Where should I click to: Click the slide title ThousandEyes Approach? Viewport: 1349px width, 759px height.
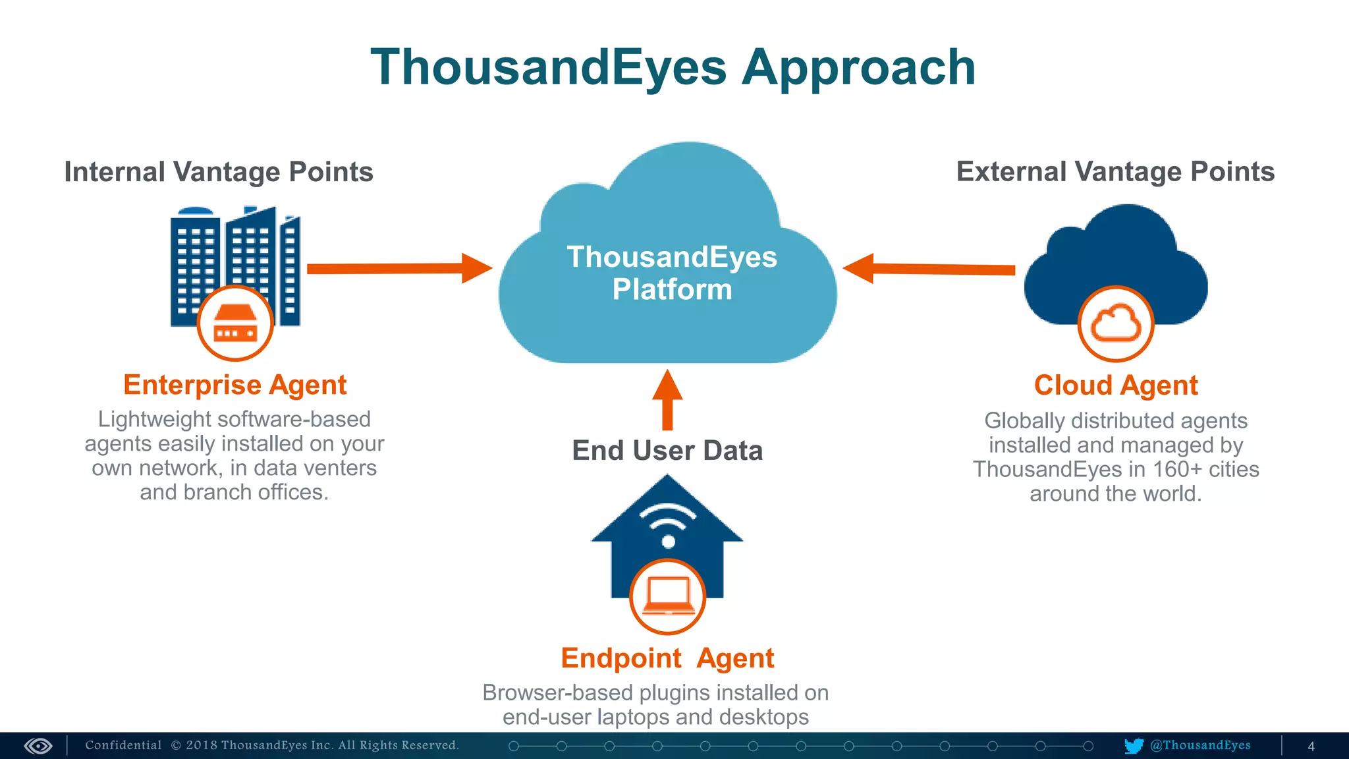[x=673, y=68]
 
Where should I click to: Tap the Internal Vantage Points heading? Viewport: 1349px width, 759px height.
[x=219, y=172]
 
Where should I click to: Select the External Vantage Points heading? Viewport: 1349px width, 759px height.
[x=1115, y=171]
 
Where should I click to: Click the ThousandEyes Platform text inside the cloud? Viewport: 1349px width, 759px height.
[x=672, y=273]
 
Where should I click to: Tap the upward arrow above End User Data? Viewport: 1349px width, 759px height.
[x=667, y=399]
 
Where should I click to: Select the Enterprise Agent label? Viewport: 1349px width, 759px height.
[x=234, y=385]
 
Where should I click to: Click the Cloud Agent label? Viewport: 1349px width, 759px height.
[x=1115, y=385]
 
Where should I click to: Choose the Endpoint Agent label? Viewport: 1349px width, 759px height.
[x=667, y=658]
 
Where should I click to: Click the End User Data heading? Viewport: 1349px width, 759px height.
[x=667, y=451]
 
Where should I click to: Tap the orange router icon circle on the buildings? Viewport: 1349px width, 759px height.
[x=235, y=323]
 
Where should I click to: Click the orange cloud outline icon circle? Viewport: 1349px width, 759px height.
[x=1115, y=323]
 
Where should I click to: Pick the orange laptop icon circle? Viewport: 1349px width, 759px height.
[x=667, y=596]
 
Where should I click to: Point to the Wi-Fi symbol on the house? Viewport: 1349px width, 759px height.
[x=668, y=524]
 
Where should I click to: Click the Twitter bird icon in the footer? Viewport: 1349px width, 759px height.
[x=1134, y=746]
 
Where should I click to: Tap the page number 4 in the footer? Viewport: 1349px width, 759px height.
[x=1311, y=746]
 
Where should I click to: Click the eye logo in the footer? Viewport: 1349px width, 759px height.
[x=38, y=746]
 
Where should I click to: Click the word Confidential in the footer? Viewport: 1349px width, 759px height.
[x=123, y=745]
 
